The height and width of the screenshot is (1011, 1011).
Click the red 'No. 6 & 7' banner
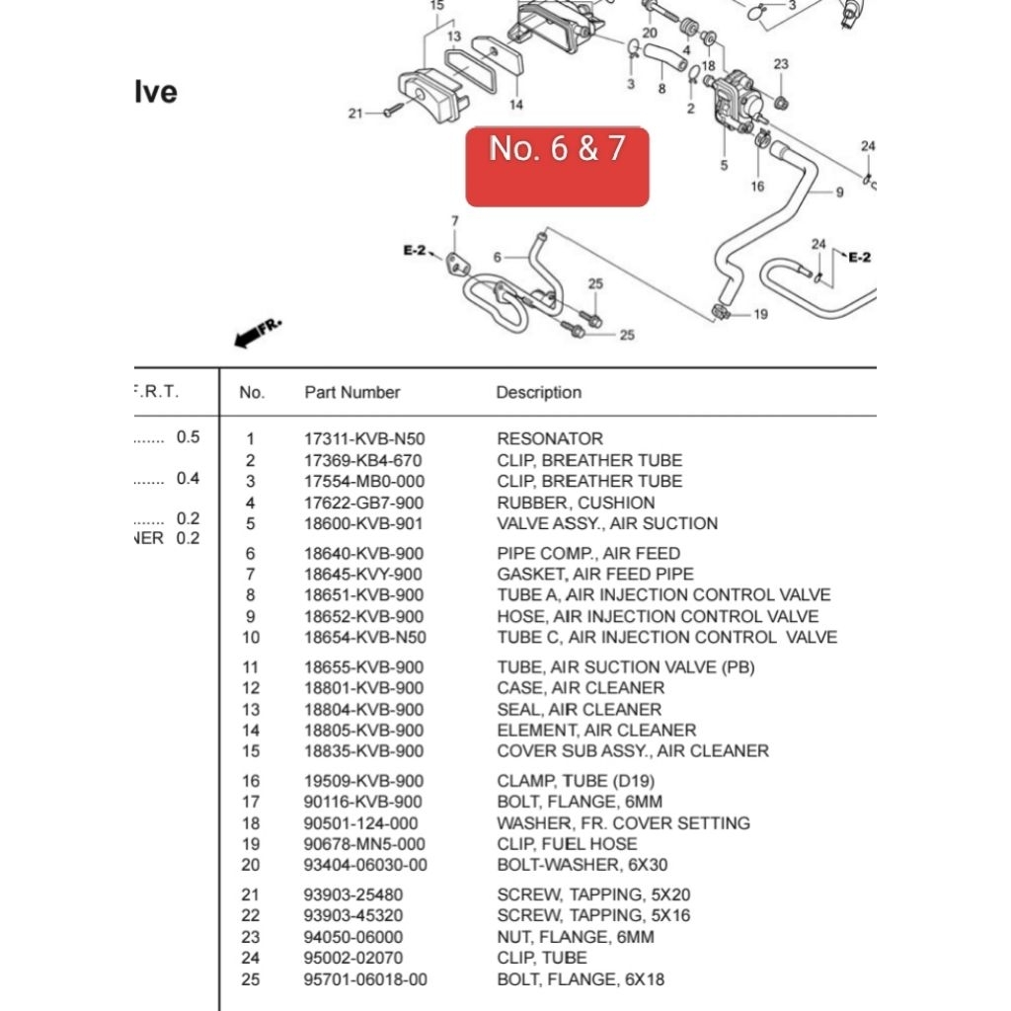557,166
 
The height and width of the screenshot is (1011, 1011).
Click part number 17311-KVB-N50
364,439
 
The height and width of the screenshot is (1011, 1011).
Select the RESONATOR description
549,439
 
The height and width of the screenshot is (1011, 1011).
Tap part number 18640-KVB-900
363,554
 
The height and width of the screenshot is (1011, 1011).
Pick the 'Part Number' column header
351,393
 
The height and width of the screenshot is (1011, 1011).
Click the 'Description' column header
538,393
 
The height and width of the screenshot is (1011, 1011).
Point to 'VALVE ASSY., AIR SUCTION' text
606,524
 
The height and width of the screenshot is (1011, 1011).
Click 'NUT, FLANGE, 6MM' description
575,937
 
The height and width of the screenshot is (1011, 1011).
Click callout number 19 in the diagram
760,315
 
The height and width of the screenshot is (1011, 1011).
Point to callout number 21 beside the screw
355,114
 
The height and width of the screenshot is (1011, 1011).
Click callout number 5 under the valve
724,166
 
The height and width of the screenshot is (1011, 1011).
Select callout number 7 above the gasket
455,219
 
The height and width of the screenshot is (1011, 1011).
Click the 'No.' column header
252,393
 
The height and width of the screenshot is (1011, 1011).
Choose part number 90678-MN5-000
363,844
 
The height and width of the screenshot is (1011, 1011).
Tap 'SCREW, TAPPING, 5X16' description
593,916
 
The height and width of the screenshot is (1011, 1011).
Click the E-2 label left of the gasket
414,252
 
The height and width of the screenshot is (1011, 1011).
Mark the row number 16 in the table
251,781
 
